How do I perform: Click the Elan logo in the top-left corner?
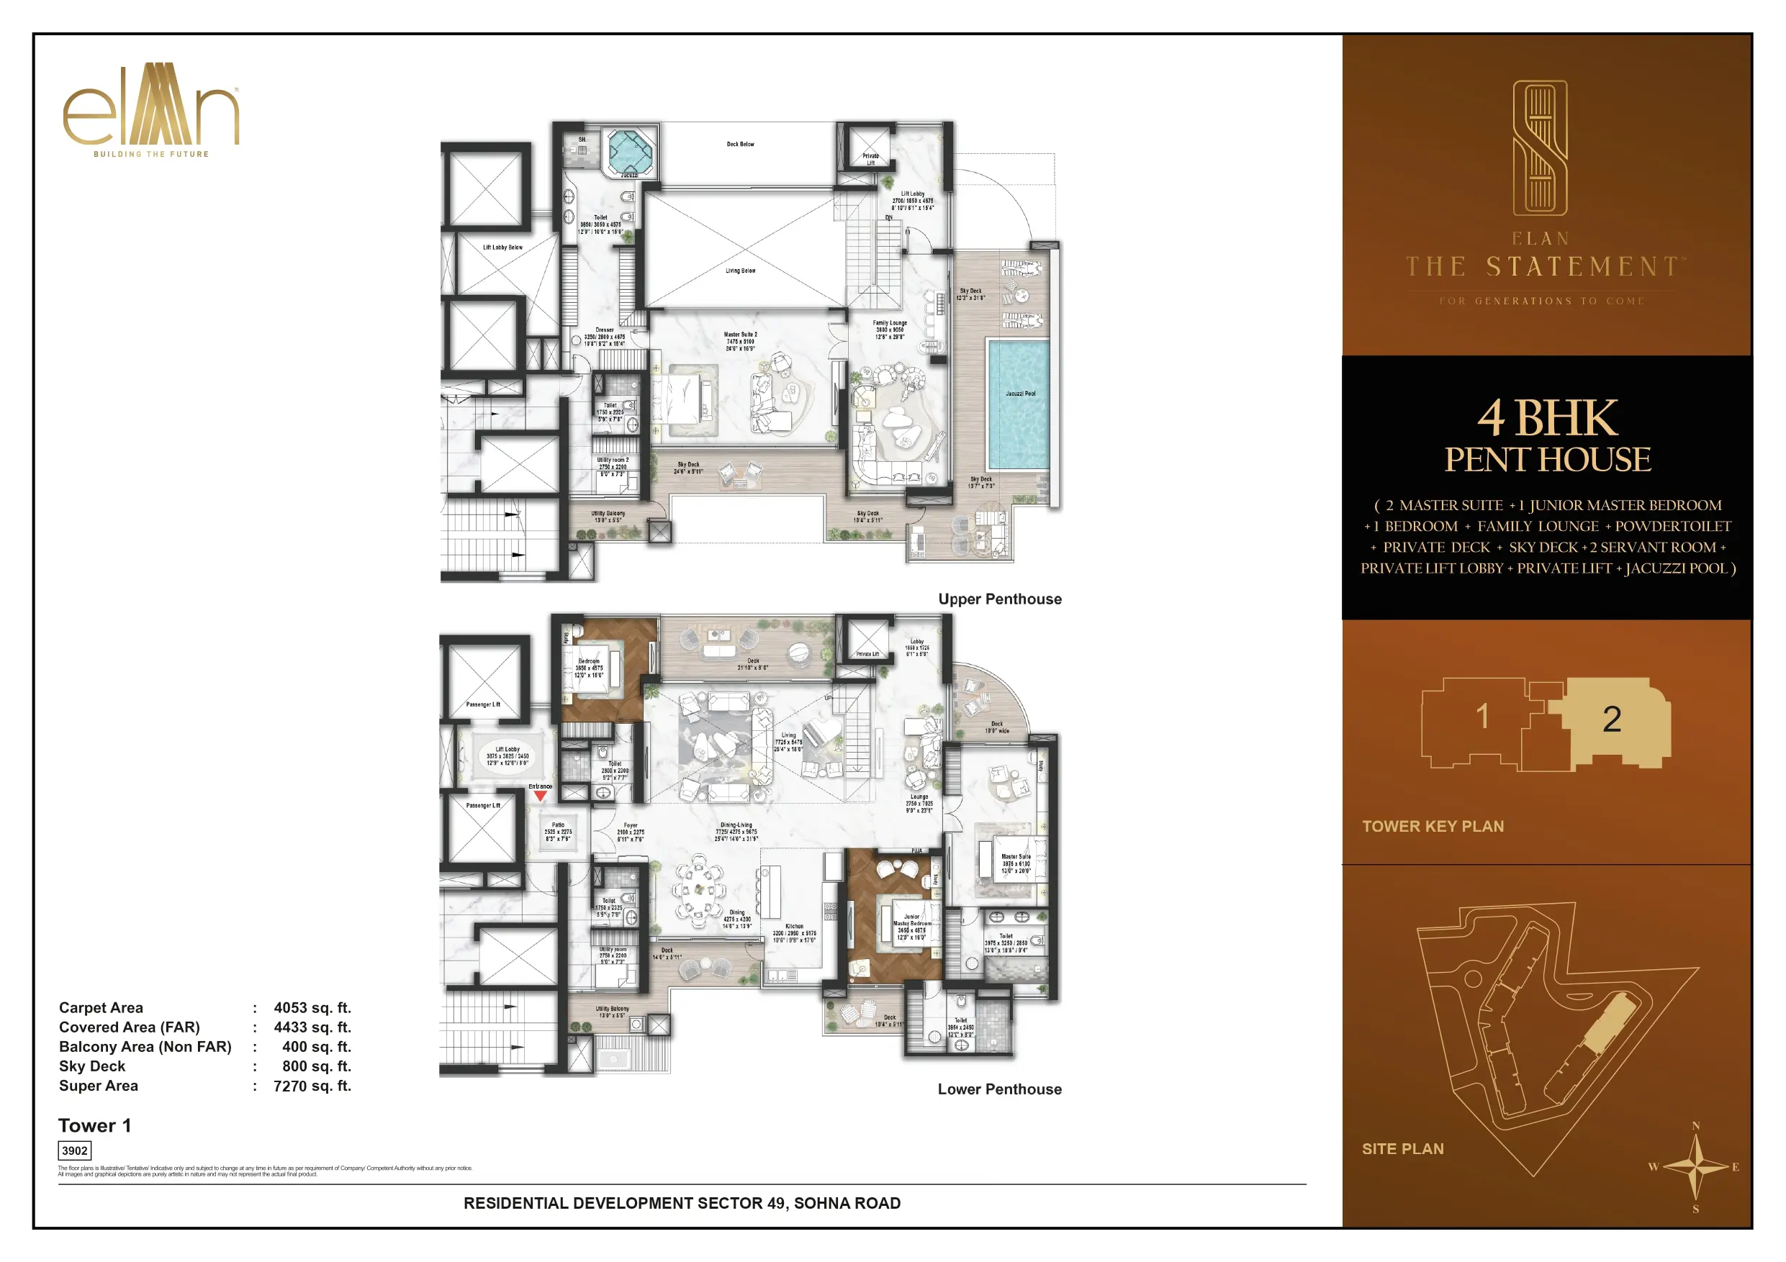click(x=151, y=109)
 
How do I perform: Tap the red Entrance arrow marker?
click(x=540, y=796)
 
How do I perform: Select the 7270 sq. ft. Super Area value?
click(x=312, y=1086)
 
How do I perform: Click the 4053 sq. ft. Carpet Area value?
click(x=312, y=1008)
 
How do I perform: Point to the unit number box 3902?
click(x=75, y=1150)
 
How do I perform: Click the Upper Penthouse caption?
click(x=1000, y=599)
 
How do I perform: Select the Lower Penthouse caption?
click(x=1000, y=1089)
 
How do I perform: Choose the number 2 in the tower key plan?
click(x=1612, y=719)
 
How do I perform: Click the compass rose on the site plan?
click(x=1697, y=1167)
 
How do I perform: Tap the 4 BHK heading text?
click(x=1547, y=418)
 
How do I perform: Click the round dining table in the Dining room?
click(x=698, y=891)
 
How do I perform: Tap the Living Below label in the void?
click(x=740, y=271)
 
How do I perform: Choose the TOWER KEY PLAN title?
click(x=1433, y=827)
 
